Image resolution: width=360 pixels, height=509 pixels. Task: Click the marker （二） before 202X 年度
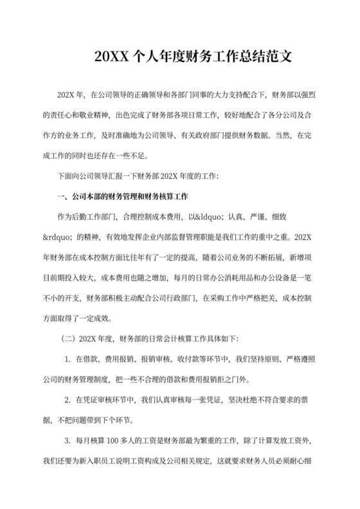tap(67, 338)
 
